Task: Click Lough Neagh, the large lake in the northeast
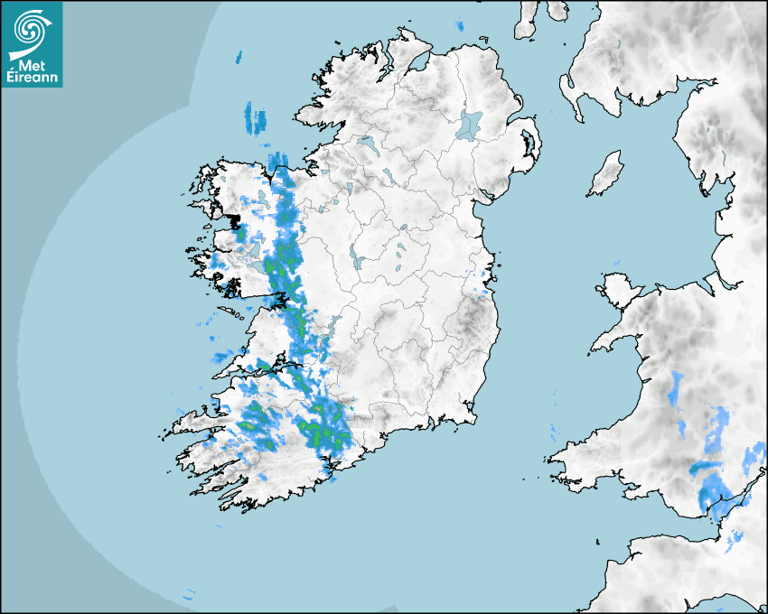click(x=471, y=124)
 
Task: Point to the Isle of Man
click(x=606, y=174)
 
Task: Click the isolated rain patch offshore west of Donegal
click(x=256, y=119)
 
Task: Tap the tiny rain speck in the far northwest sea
click(x=239, y=58)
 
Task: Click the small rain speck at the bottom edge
click(x=189, y=596)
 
